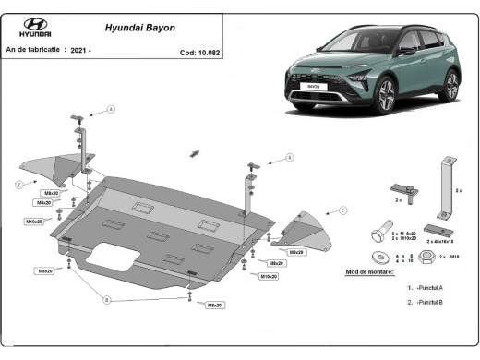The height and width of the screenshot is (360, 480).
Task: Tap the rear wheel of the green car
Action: point(450,86)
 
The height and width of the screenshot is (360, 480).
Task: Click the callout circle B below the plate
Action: point(107,300)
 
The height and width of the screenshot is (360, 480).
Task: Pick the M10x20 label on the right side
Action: point(269,276)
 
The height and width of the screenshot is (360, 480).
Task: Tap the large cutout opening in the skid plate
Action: point(117,256)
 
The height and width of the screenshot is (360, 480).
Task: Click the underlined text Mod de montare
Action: point(369,272)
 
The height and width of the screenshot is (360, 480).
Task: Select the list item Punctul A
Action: point(427,288)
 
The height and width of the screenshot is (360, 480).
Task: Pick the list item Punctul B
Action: point(427,302)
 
